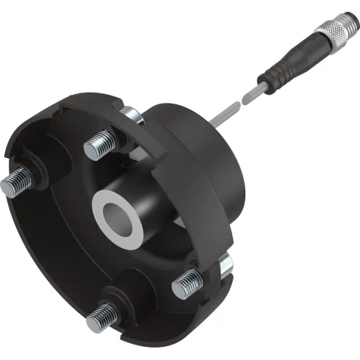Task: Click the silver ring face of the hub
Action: (119, 218)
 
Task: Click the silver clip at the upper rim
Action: (132, 114)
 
